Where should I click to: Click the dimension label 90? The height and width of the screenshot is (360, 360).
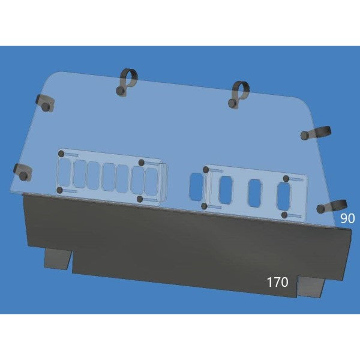[x=348, y=218]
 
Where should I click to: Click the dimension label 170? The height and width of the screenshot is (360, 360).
[x=277, y=282]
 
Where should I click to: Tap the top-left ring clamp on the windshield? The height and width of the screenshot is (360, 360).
[x=126, y=82]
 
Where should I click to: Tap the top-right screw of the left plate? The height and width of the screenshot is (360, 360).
[x=142, y=163]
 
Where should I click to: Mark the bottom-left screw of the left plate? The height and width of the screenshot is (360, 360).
[x=59, y=190]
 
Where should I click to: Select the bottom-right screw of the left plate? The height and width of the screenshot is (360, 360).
[x=139, y=199]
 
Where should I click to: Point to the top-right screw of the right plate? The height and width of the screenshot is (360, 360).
[x=286, y=179]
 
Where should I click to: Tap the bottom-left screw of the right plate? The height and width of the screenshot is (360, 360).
[x=204, y=206]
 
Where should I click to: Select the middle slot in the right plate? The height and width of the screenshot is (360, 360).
[x=254, y=191]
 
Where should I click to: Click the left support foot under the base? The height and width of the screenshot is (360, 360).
[x=58, y=259]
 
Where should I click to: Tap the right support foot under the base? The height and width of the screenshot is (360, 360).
[x=311, y=287]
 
